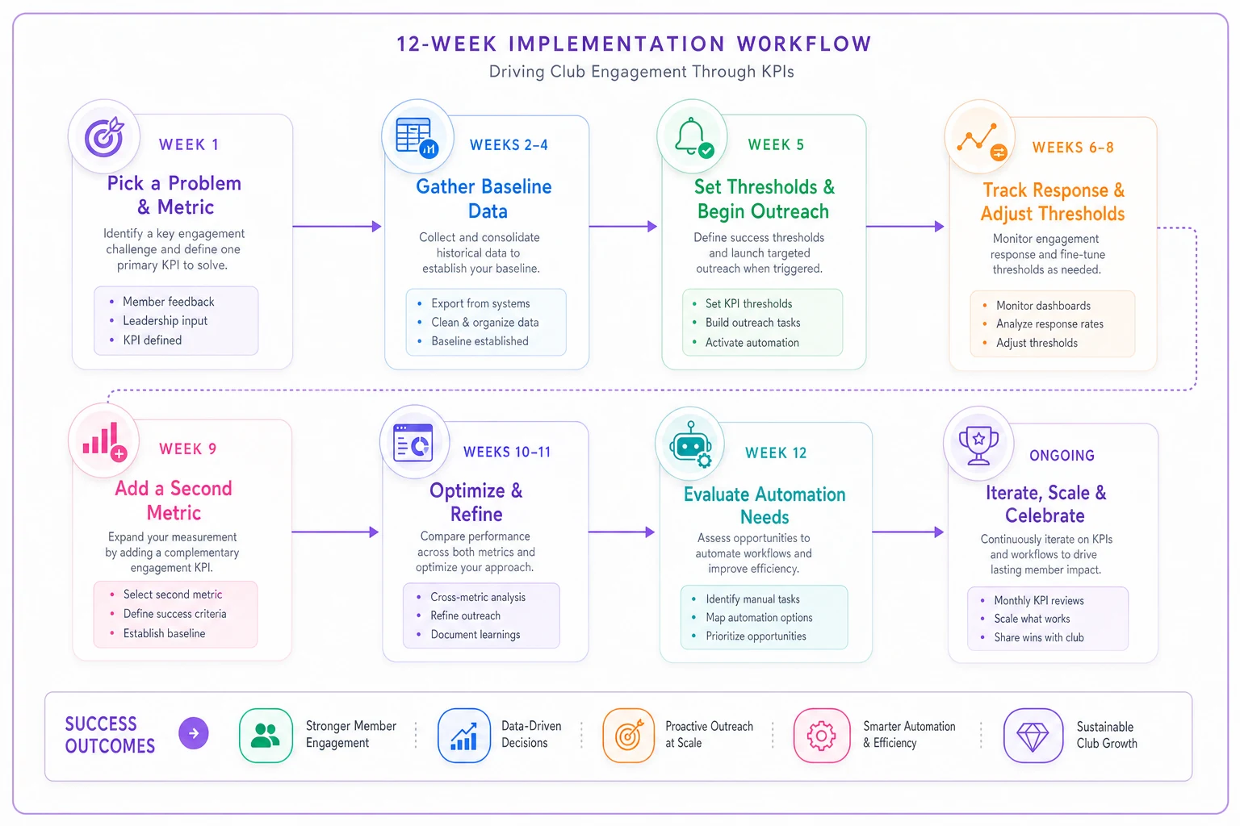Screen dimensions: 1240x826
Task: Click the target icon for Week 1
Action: point(104,136)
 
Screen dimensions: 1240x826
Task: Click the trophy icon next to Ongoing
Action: point(978,446)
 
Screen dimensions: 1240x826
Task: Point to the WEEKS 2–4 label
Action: point(509,145)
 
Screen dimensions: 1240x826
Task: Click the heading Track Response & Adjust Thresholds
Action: point(1053,202)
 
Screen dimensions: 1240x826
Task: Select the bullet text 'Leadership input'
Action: point(165,321)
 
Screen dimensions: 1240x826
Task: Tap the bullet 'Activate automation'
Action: point(752,343)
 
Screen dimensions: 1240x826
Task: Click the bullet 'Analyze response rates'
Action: point(1049,323)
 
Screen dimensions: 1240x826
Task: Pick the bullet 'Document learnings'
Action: point(475,635)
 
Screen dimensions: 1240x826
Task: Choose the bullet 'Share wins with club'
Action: point(1038,637)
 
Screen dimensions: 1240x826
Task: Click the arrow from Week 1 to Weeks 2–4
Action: point(337,227)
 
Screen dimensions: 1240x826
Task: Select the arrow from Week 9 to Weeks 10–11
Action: point(336,532)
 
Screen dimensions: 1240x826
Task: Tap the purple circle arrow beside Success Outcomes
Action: point(194,733)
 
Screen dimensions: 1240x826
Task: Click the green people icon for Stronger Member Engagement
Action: point(266,736)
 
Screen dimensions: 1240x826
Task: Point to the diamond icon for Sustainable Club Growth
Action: point(1033,736)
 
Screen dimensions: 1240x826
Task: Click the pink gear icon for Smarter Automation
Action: point(822,736)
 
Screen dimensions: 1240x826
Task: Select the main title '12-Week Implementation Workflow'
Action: point(635,44)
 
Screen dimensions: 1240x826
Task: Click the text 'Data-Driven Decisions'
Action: point(531,734)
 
